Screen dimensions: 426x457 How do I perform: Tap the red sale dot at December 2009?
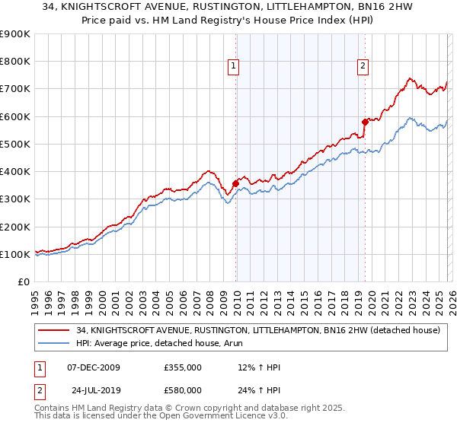(235, 183)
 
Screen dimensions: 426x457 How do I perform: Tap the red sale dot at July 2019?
(365, 121)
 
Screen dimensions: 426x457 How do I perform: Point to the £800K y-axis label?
(14, 62)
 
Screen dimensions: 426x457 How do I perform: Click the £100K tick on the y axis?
(14, 255)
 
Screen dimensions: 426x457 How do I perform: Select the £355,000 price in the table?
(183, 367)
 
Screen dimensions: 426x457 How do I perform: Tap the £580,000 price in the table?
(183, 390)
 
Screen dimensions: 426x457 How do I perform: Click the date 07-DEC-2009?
(99, 367)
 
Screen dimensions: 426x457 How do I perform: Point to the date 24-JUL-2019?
(99, 390)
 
